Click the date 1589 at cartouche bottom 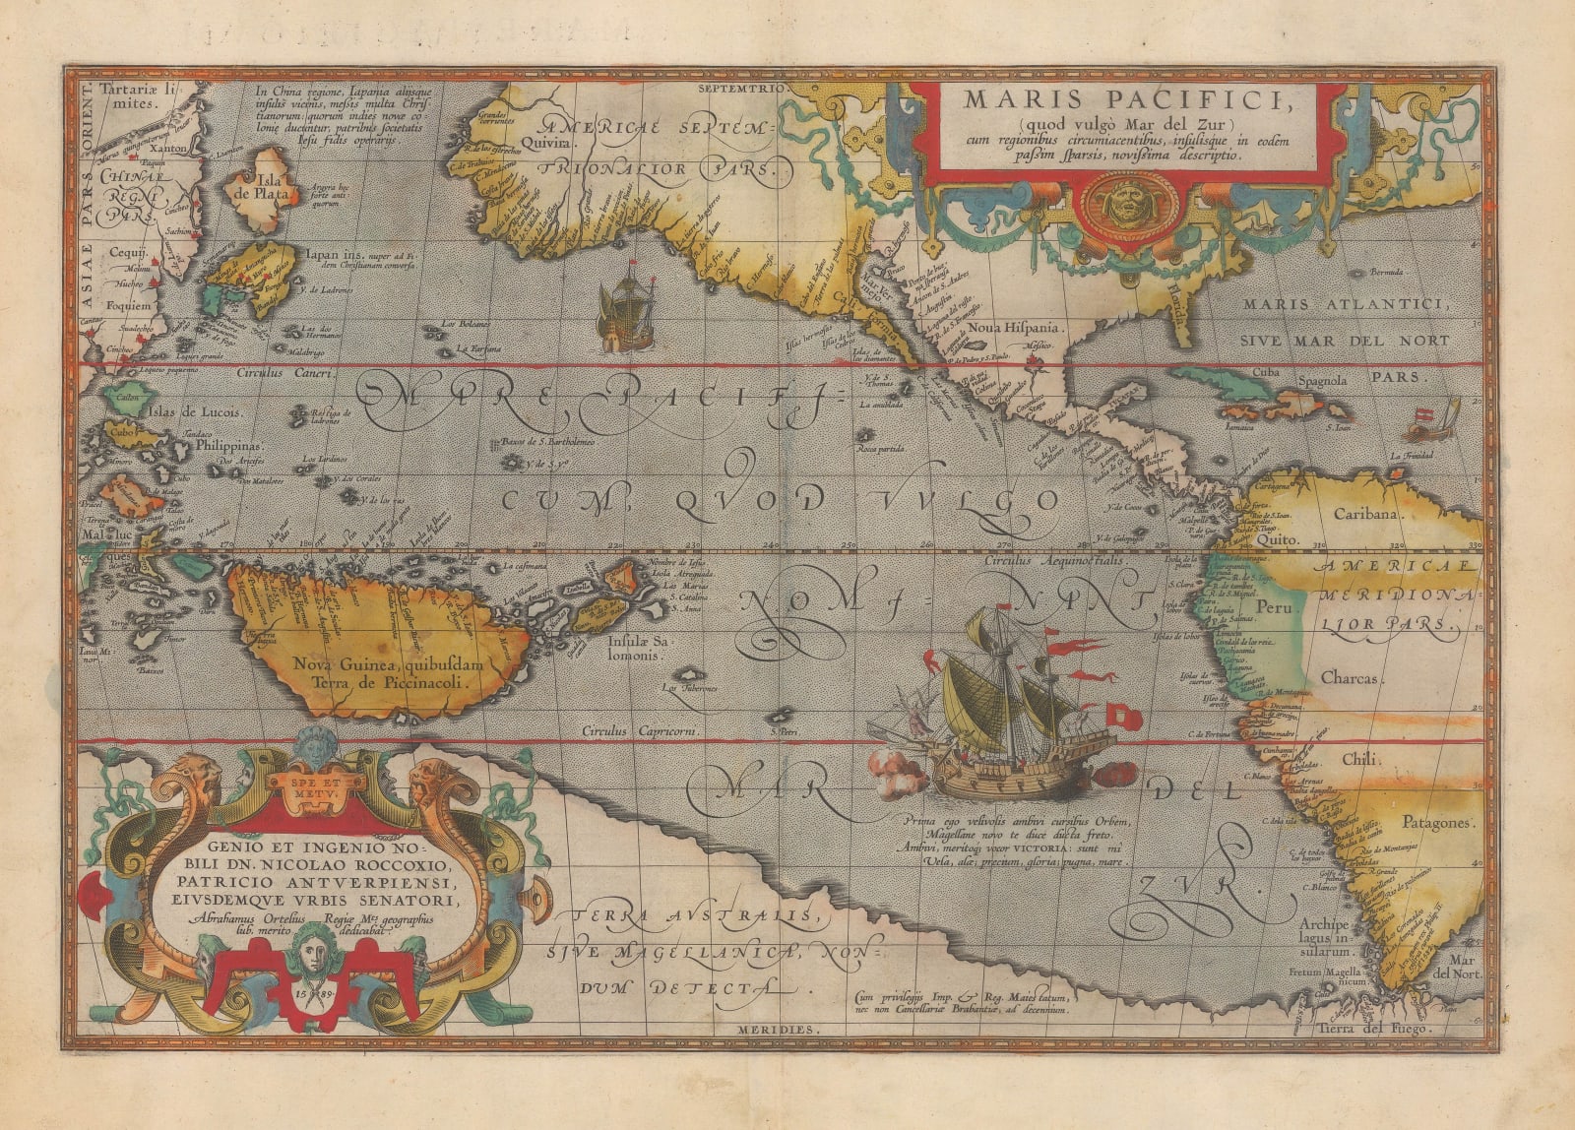314,991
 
